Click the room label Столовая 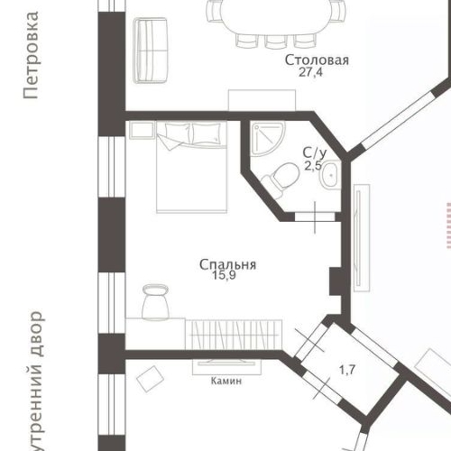[x=316, y=60]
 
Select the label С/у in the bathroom [x=313, y=153]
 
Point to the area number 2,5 [x=313, y=166]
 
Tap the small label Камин [x=226, y=381]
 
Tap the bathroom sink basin [x=331, y=171]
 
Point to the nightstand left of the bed [x=141, y=131]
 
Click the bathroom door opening [x=314, y=216]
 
